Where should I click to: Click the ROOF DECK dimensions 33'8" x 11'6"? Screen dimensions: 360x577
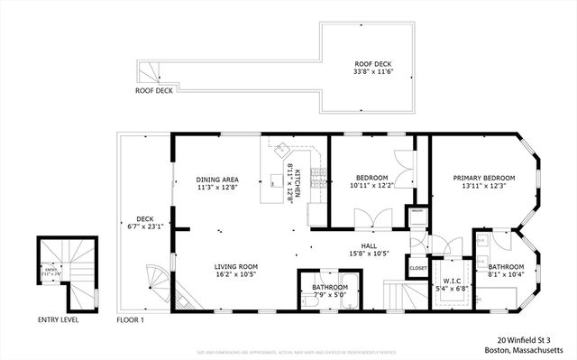pyautogui.click(x=372, y=73)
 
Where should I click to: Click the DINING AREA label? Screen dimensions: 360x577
pyautogui.click(x=216, y=180)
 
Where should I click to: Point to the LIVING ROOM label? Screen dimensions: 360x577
pyautogui.click(x=236, y=266)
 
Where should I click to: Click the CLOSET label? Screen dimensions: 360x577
pyautogui.click(x=417, y=268)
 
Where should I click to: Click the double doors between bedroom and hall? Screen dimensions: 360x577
pyautogui.click(x=369, y=217)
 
